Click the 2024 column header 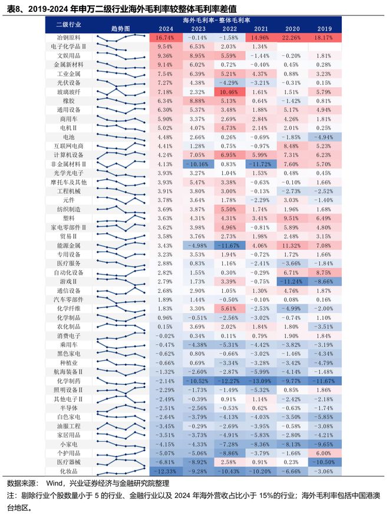point(166,29)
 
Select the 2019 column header point(324,29)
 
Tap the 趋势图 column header point(120,29)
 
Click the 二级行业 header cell point(68,24)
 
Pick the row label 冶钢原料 point(68,38)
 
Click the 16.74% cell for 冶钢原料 point(166,38)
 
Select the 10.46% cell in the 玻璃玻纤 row point(229,92)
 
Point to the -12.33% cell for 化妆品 point(166,471)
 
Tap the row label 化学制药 point(68,381)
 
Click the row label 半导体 point(68,408)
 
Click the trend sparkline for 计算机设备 point(121,154)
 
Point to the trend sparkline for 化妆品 point(121,471)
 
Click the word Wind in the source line point(54,483)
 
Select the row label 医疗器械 point(68,462)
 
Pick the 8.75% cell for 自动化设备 point(324,273)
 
